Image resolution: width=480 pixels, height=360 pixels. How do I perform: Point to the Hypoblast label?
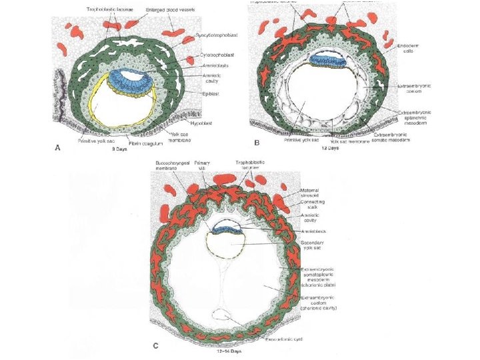tap(210, 122)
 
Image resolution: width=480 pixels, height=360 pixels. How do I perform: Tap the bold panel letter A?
tap(57, 148)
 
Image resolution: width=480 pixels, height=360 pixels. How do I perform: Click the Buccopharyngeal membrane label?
tap(171, 165)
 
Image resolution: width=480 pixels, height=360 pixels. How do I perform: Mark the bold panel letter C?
tap(156, 345)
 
